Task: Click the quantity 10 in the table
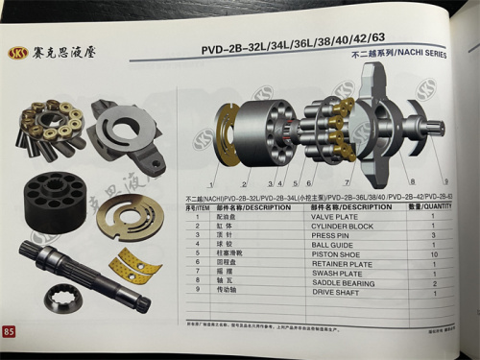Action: (x=433, y=254)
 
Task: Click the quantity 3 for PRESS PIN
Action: (x=433, y=235)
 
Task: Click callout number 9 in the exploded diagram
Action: (x=444, y=181)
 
